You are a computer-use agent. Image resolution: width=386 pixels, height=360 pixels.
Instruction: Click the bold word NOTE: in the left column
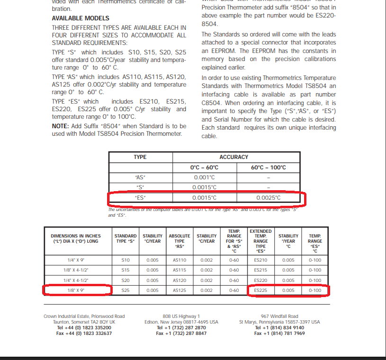pos(62,125)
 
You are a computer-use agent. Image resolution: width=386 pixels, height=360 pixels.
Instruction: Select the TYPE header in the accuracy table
pos(140,157)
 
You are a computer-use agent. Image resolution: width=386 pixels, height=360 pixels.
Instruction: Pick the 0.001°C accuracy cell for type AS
pos(205,177)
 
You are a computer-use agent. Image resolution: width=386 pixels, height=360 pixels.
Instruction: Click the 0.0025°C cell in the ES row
pos(268,198)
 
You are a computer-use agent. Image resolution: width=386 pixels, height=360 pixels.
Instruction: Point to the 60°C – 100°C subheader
pos(268,167)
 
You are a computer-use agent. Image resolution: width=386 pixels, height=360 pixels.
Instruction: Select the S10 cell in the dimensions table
pos(126,260)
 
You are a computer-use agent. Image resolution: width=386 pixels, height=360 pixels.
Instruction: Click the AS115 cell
pos(180,270)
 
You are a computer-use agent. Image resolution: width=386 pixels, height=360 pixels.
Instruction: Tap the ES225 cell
pos(260,290)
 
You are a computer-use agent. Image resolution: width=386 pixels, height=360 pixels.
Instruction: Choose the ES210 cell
pos(260,260)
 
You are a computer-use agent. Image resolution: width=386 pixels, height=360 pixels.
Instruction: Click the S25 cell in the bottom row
pos(126,290)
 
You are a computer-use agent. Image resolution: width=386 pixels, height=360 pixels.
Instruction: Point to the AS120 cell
pos(180,280)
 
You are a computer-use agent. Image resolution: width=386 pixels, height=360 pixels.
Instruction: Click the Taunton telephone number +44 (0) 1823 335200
pos(84,327)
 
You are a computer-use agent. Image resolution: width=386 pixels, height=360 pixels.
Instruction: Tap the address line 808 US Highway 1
pos(181,316)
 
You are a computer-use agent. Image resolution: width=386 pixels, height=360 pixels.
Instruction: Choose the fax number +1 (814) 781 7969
pos(279,333)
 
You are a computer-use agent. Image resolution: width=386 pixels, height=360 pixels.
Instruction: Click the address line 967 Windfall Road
pos(279,316)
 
